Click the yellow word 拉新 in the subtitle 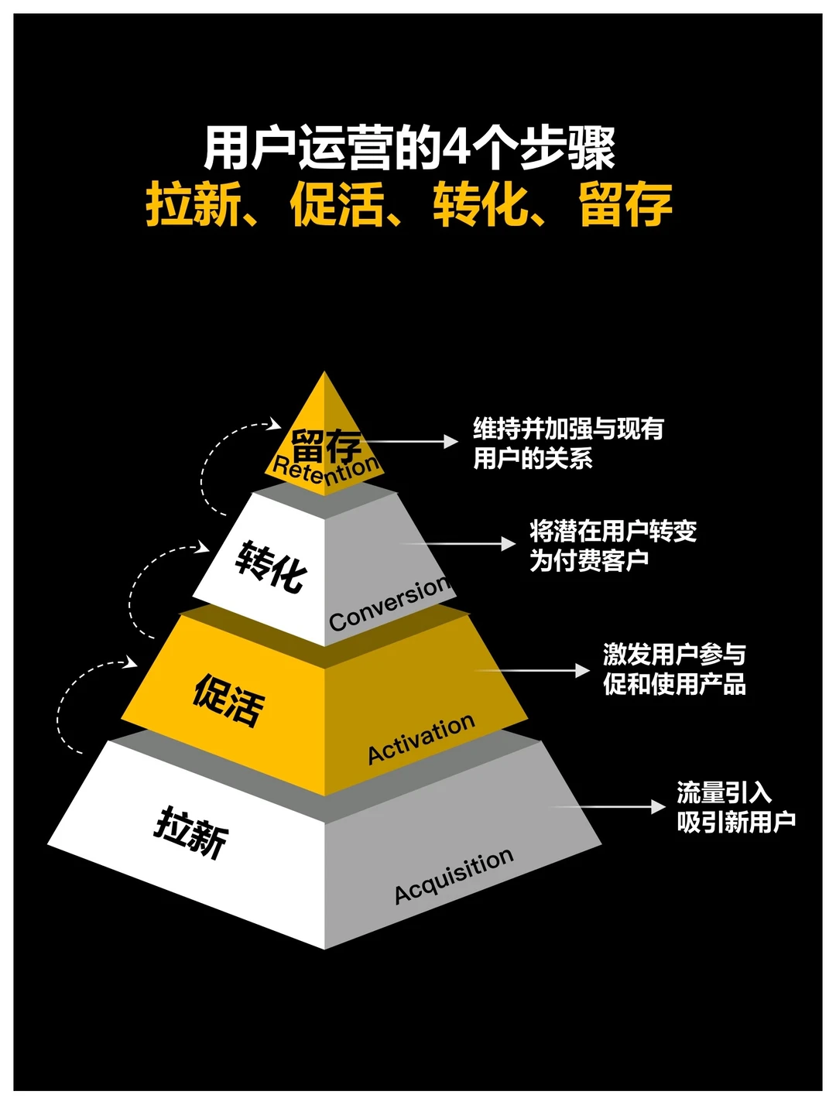[x=194, y=204]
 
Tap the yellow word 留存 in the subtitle [x=625, y=204]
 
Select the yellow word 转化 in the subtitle [x=481, y=204]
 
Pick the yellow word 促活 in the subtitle [x=337, y=204]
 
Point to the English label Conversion [x=389, y=603]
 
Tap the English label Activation [x=421, y=740]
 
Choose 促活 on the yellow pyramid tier [x=228, y=700]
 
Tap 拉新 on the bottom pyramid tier [x=192, y=832]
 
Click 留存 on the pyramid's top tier [x=326, y=445]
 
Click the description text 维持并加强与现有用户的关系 [x=568, y=443]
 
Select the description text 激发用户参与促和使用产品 [x=674, y=669]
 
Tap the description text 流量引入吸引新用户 [x=735, y=807]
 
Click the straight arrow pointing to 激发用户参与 [x=534, y=670]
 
